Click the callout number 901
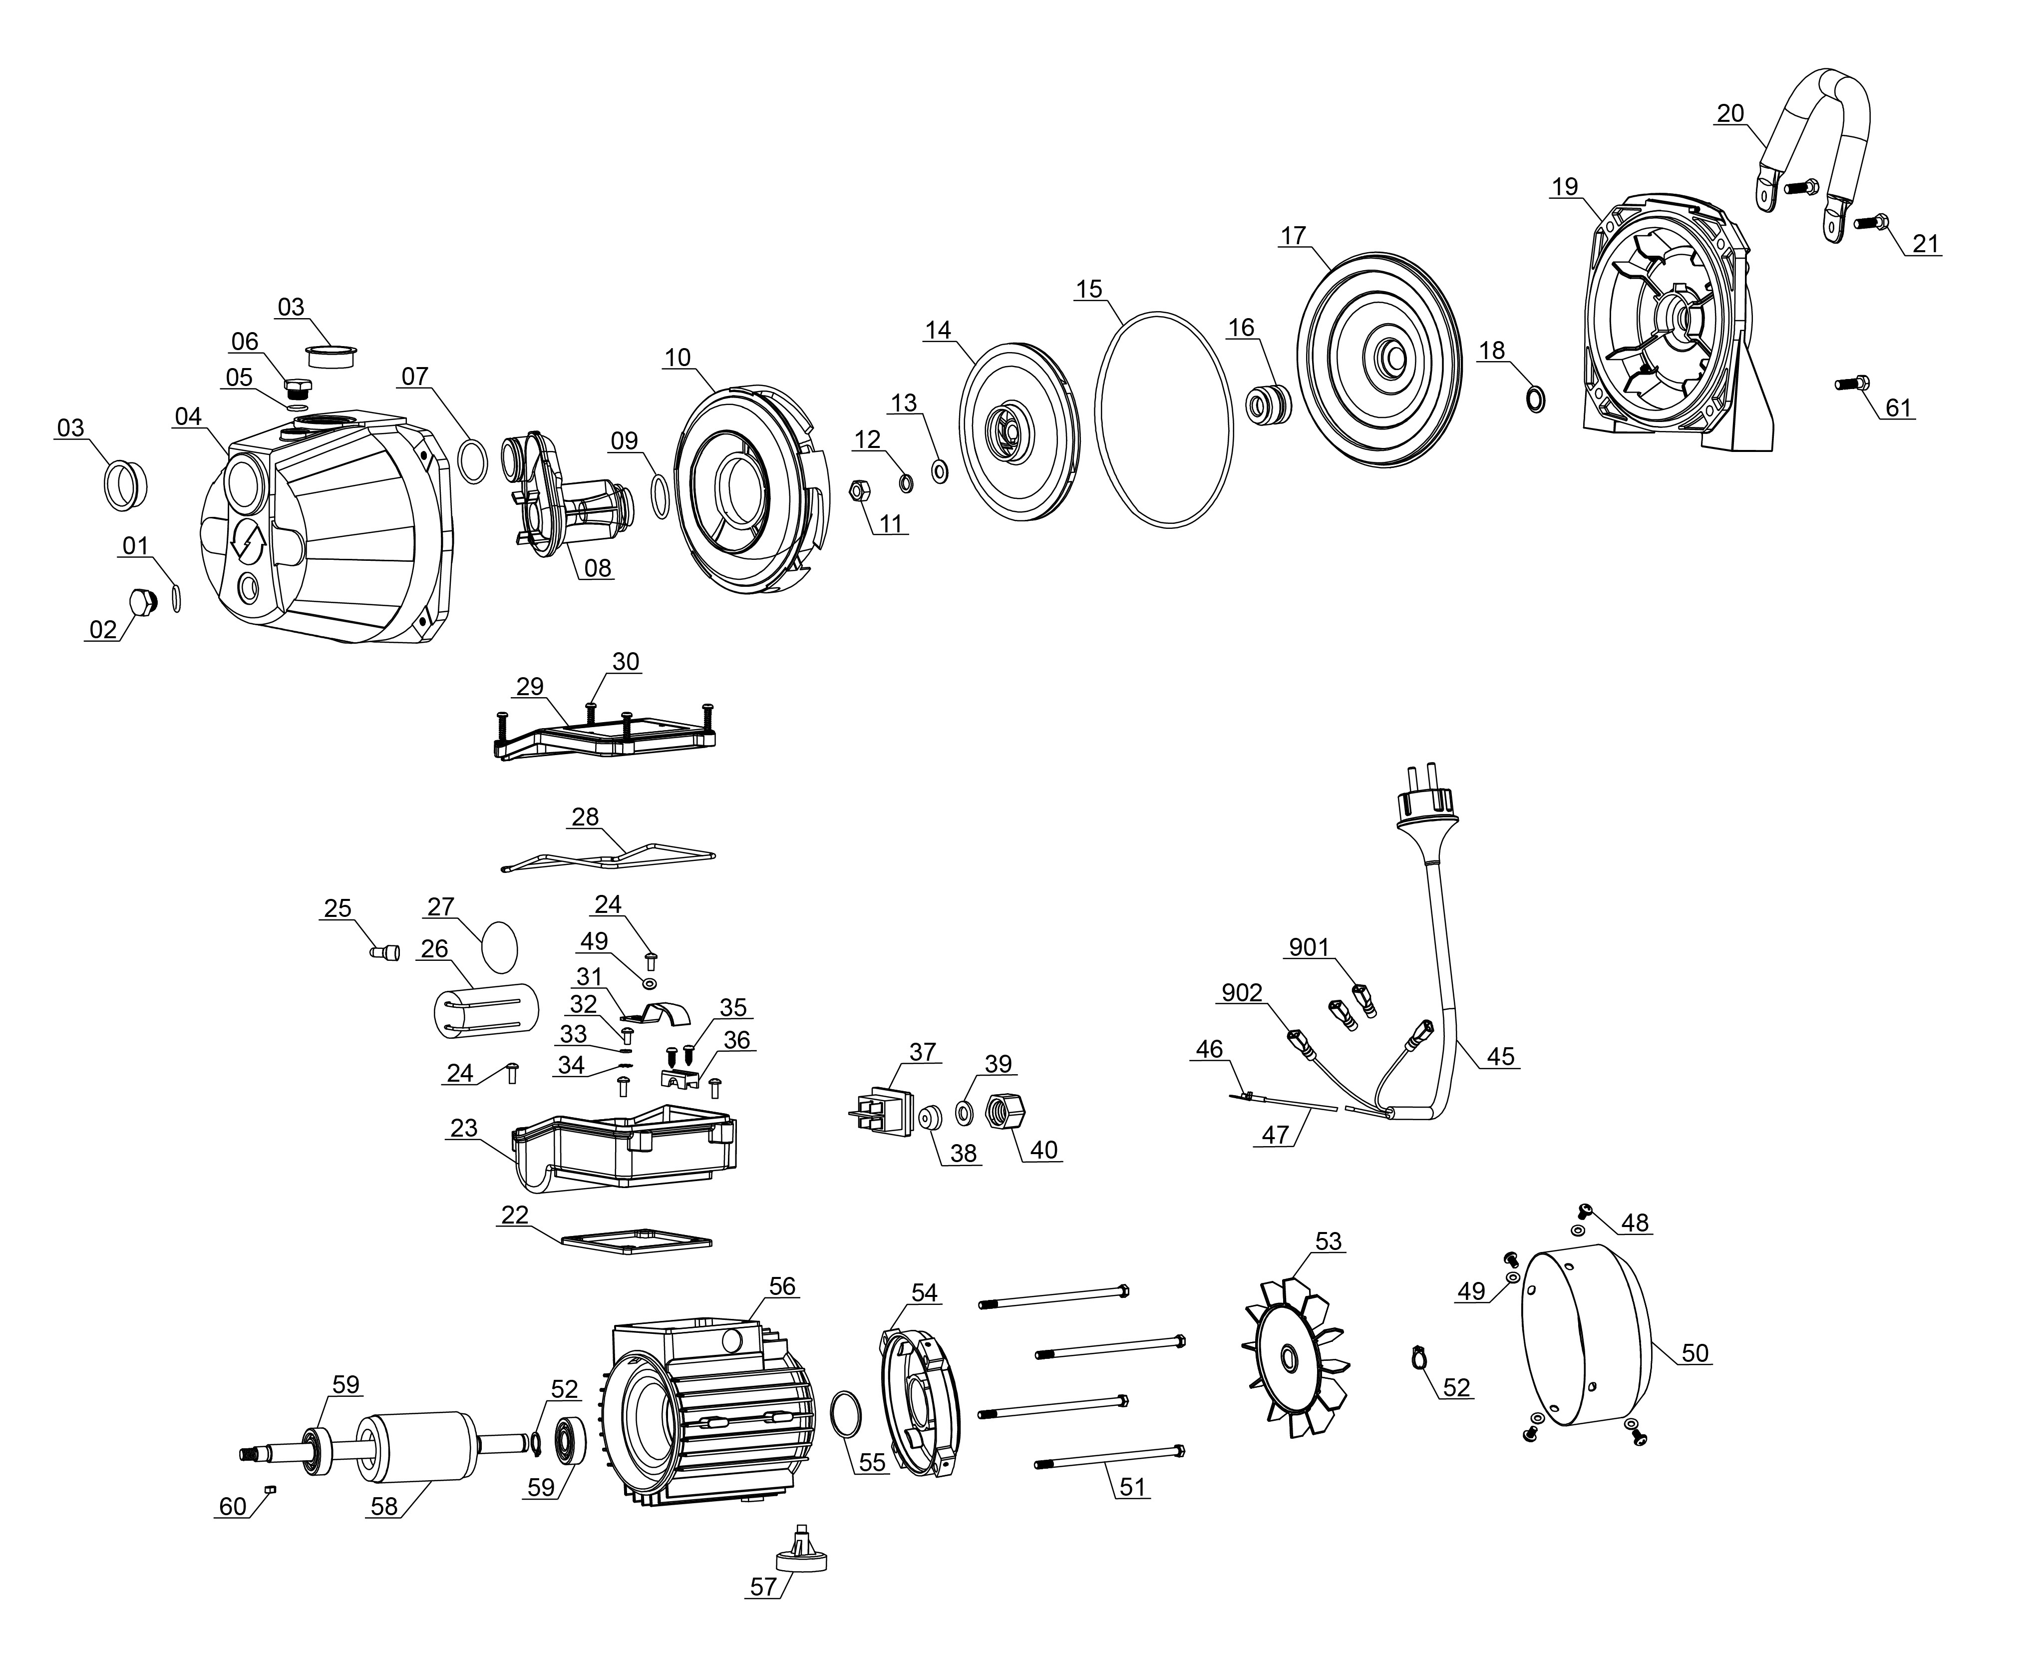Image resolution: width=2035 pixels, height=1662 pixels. tap(1309, 948)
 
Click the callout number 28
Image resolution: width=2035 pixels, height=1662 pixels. tap(585, 817)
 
